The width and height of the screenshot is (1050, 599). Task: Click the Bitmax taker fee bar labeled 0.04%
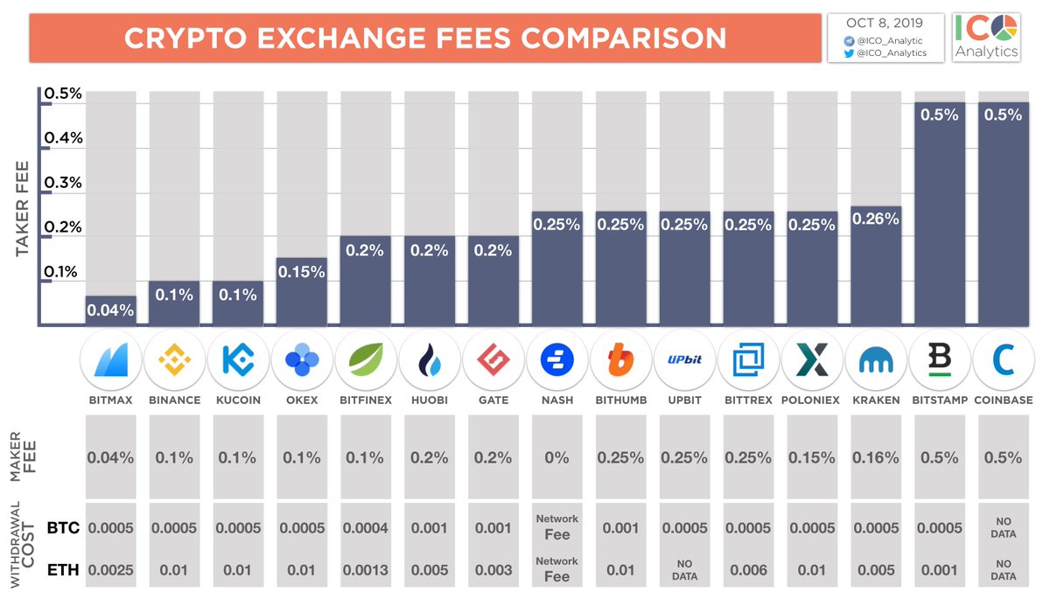110,311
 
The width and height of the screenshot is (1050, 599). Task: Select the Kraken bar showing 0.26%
876,267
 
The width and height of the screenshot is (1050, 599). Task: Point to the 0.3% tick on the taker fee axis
65,183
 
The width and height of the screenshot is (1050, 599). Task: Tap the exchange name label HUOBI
430,400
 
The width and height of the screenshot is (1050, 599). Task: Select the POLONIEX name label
812,400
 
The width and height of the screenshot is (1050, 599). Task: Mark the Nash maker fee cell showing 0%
557,457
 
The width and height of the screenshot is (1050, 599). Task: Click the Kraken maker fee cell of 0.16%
876,457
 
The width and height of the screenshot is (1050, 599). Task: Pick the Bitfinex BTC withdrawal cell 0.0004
365,527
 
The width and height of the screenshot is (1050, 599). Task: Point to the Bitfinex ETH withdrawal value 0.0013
365,571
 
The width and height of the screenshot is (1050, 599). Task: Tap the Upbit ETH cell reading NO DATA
685,571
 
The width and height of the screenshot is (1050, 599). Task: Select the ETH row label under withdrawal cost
63,571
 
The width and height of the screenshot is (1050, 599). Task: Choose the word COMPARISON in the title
621,38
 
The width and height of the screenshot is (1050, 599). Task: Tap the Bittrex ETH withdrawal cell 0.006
748,571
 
